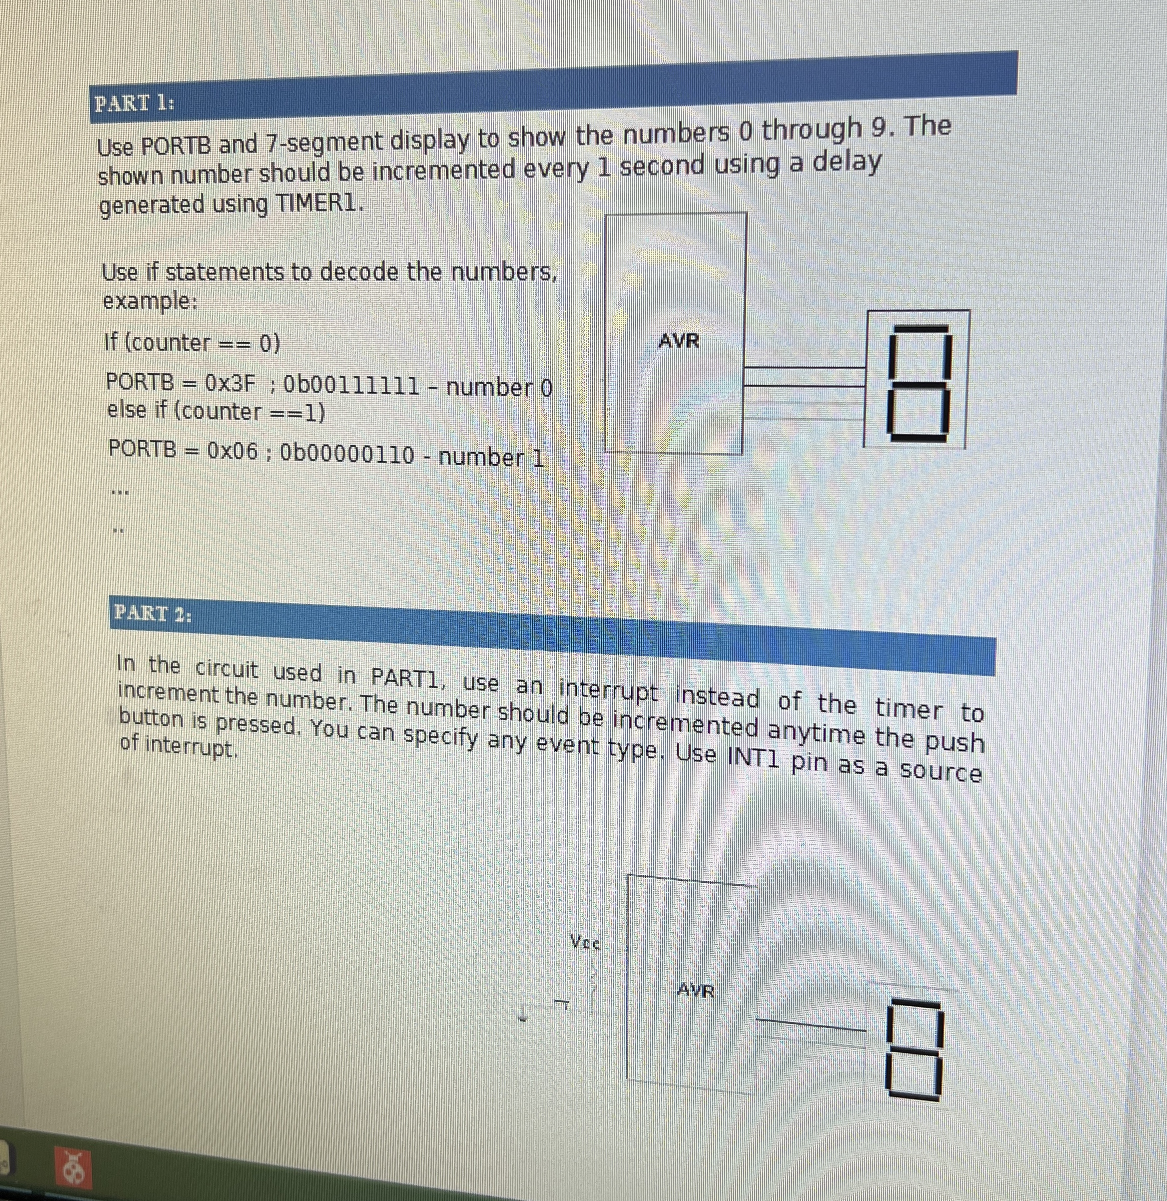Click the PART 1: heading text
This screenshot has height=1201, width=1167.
(x=133, y=103)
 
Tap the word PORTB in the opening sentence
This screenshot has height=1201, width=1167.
(x=176, y=146)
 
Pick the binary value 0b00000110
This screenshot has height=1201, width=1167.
(x=346, y=454)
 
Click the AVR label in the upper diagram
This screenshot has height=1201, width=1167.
(x=678, y=341)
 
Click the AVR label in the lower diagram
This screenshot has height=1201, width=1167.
(x=696, y=990)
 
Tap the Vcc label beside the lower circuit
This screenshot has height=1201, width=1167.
(x=585, y=942)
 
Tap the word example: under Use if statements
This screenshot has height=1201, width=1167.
(x=149, y=301)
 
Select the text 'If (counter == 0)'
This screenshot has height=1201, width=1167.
(x=192, y=343)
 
